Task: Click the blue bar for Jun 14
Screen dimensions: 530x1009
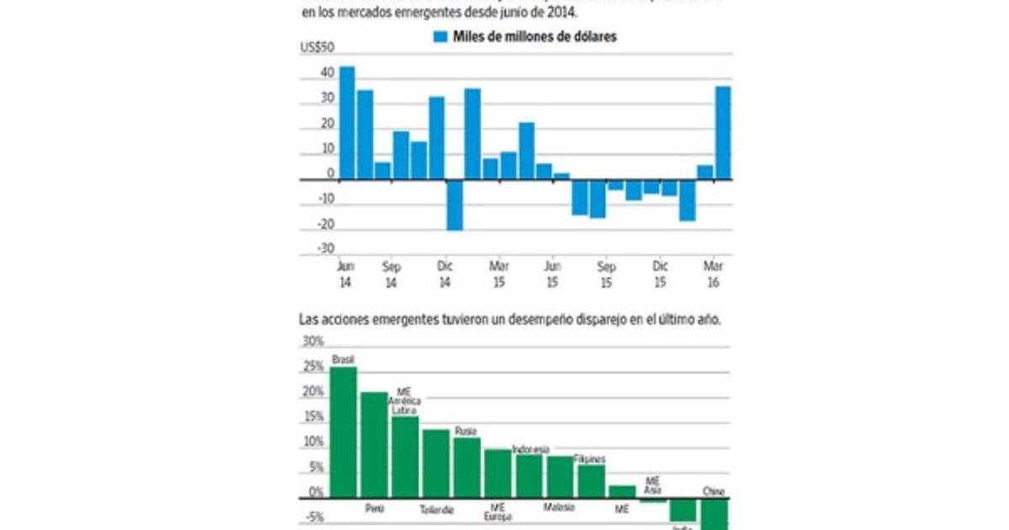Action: [x=346, y=123]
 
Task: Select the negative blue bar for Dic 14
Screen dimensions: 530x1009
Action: [x=455, y=204]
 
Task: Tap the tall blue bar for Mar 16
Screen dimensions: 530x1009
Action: [x=723, y=133]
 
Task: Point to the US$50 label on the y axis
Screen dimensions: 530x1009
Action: [x=317, y=48]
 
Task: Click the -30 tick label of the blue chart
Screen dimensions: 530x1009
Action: [x=325, y=249]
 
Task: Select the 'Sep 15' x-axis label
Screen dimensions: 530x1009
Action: [x=606, y=275]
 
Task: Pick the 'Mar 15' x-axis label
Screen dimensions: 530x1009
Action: [x=499, y=275]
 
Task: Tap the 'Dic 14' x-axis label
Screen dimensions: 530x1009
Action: [x=445, y=275]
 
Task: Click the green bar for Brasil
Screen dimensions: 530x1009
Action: [x=343, y=432]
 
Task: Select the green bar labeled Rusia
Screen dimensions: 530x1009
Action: [x=467, y=468]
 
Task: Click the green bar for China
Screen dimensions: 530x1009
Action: [x=714, y=514]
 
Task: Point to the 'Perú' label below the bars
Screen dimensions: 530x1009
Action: [x=374, y=508]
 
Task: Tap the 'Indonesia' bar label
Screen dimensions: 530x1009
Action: [x=530, y=449]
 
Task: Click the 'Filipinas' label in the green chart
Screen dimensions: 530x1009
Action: [x=589, y=459]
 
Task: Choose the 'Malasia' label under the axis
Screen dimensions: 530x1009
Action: [x=558, y=508]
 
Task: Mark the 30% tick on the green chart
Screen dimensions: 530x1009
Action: [x=313, y=342]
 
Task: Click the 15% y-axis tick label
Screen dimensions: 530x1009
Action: [x=313, y=417]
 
